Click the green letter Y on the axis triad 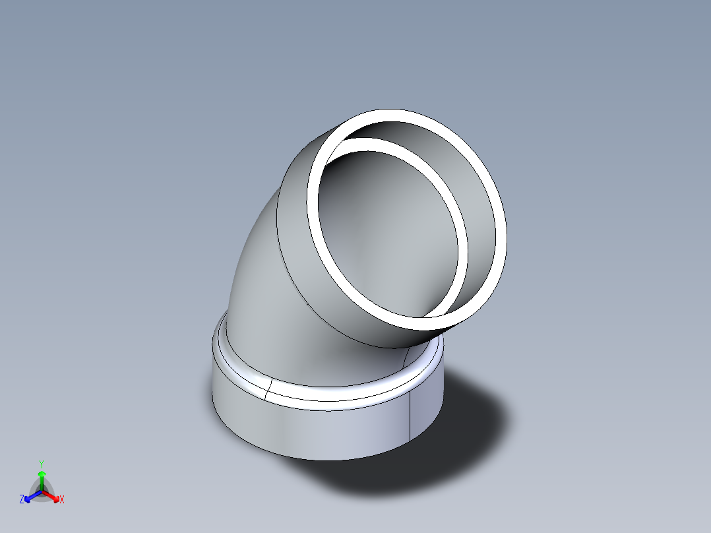point(42,463)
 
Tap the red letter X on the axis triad point(62,500)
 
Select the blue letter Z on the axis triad point(22,499)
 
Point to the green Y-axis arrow point(42,479)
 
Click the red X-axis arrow point(52,495)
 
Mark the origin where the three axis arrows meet point(42,491)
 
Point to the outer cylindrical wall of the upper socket point(297,251)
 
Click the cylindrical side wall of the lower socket point(317,429)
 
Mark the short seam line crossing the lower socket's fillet point(268,389)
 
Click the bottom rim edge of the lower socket point(330,460)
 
